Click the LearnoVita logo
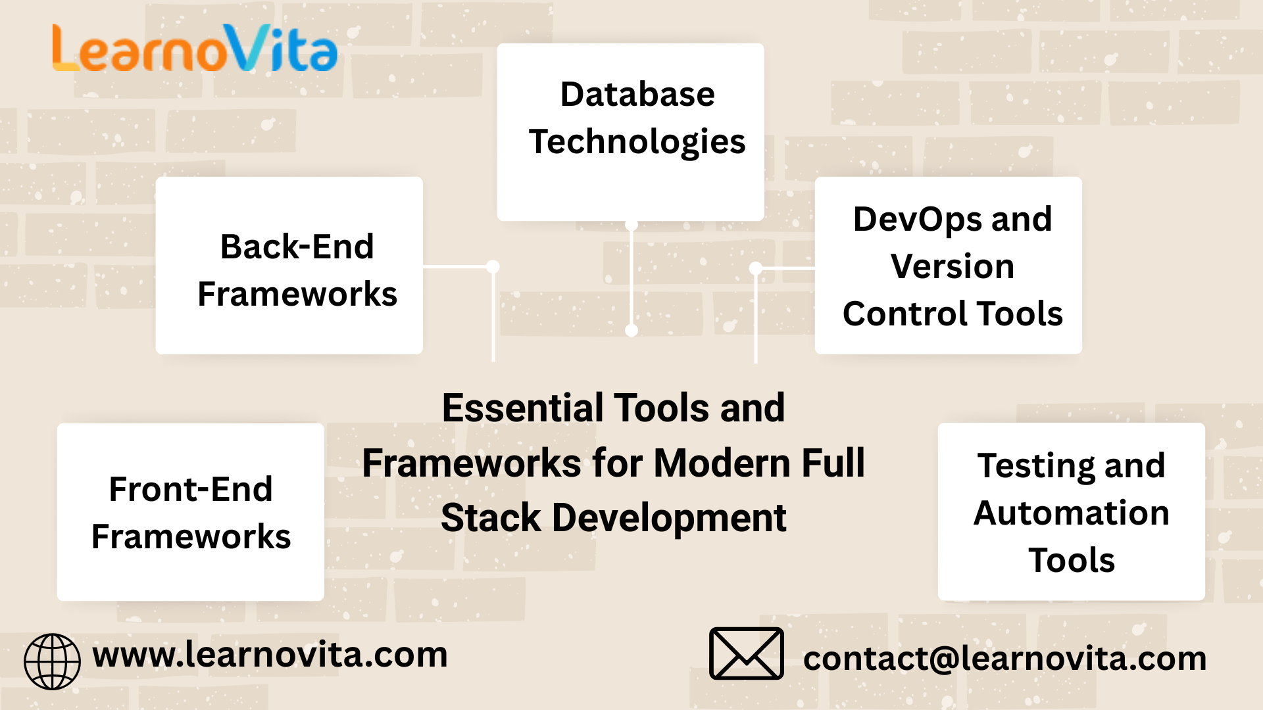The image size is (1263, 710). click(x=195, y=48)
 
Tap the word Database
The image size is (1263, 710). click(x=637, y=94)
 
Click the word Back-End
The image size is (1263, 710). click(x=297, y=247)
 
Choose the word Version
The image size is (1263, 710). click(x=953, y=266)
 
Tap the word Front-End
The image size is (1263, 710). click(x=191, y=489)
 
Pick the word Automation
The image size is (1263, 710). click(x=1072, y=513)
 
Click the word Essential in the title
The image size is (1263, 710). click(x=523, y=408)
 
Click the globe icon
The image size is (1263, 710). click(x=53, y=661)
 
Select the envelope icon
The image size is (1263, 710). click(x=747, y=653)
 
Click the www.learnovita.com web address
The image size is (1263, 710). click(x=270, y=655)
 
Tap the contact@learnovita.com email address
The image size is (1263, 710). click(x=1005, y=659)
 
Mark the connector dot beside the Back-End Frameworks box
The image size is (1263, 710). click(x=493, y=266)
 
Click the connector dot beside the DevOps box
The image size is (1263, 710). click(x=756, y=268)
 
